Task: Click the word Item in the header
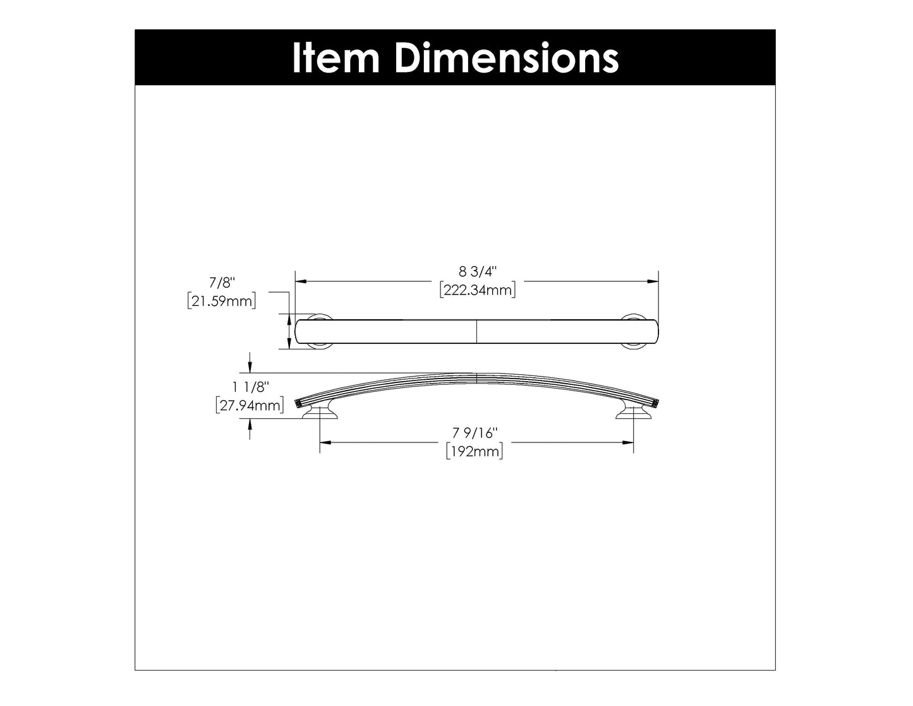(335, 58)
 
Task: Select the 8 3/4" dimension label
(478, 272)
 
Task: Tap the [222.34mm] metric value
(478, 290)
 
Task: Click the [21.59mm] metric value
(222, 301)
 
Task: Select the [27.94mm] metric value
(249, 405)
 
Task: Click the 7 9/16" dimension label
(475, 434)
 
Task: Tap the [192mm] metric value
(475, 451)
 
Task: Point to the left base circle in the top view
(320, 331)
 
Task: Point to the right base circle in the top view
(634, 331)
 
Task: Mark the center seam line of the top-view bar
(476, 331)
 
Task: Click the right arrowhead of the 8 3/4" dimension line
(654, 281)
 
